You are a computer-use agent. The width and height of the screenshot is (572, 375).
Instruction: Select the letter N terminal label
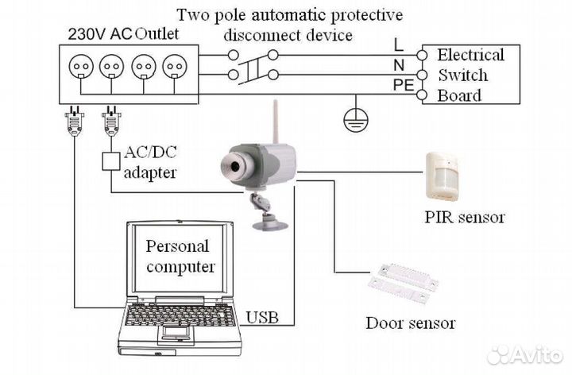click(x=399, y=65)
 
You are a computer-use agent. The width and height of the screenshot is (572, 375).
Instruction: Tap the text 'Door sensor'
click(x=410, y=323)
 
